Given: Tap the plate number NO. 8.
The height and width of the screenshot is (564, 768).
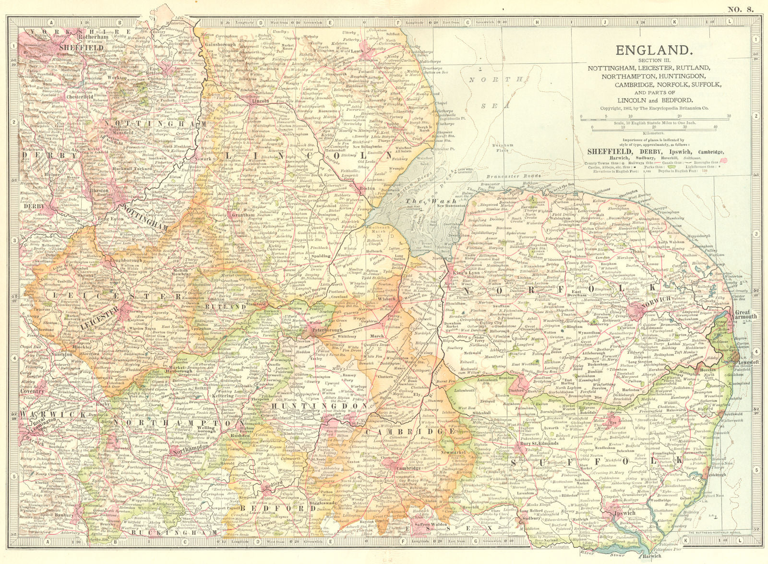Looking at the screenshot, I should [x=741, y=8].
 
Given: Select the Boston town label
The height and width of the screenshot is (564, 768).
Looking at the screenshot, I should [x=367, y=189].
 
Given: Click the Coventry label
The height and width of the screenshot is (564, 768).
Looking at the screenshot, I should [x=31, y=391].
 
